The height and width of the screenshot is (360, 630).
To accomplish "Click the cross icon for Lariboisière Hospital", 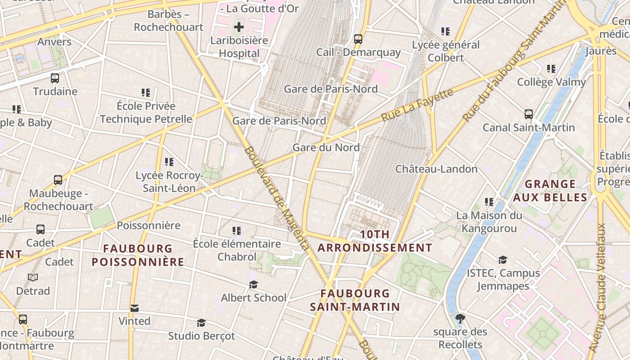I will tap(239, 27).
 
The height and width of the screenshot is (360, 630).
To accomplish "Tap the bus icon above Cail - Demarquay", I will tap(358, 39).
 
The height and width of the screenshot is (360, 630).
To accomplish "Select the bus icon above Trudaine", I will tap(55, 78).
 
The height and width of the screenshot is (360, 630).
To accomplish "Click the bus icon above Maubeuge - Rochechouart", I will tap(58, 180).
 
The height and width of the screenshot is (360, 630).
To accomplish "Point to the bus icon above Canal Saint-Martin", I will tap(529, 114).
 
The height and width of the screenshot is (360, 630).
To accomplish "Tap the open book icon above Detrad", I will tap(33, 277).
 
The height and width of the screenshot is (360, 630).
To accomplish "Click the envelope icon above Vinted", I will tap(134, 308).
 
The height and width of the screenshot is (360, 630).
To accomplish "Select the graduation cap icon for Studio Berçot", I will tap(202, 323).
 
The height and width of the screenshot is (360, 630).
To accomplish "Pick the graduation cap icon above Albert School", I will tap(254, 284).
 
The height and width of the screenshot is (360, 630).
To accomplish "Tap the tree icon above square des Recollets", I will tap(460, 319).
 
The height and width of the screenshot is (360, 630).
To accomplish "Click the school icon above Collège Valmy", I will tap(551, 69).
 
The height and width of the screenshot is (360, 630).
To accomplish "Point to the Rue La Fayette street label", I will tap(418, 105).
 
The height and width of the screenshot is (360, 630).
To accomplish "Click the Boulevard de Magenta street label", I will tap(277, 198).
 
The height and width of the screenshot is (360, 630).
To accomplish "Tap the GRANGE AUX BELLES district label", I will tap(550, 190).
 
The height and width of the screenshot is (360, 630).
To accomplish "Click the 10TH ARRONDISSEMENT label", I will tap(375, 241).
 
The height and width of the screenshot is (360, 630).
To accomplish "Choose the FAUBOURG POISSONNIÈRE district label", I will tap(138, 255).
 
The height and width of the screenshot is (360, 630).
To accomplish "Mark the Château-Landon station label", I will tap(436, 169).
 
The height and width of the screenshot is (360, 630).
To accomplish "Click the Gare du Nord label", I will tap(326, 147).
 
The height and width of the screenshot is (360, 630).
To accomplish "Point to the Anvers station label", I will tap(54, 42).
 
